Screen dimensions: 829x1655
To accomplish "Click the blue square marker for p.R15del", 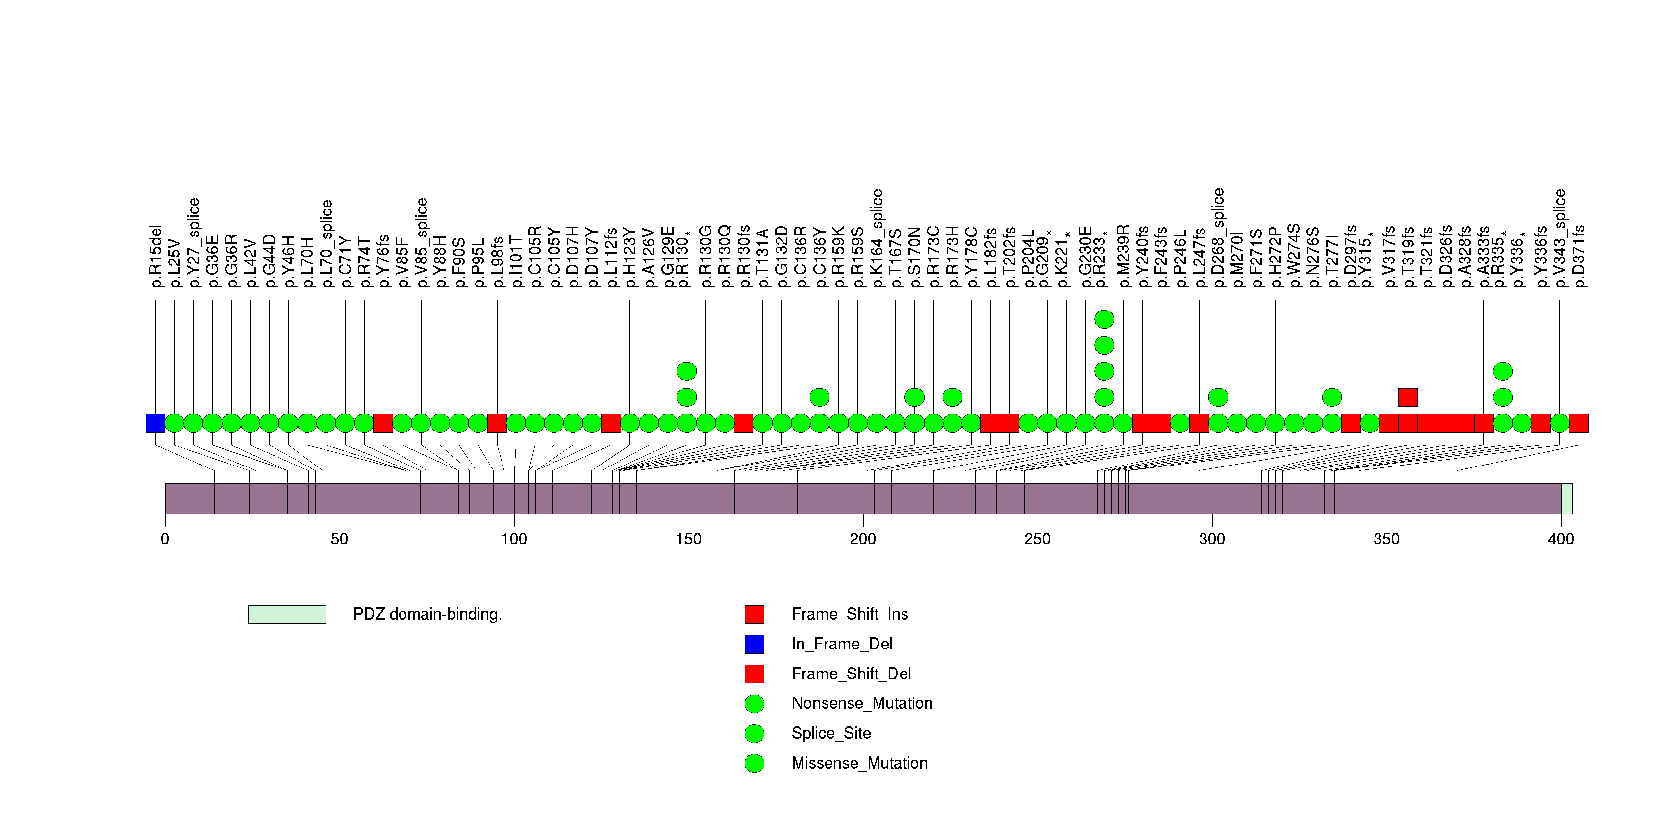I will (155, 423).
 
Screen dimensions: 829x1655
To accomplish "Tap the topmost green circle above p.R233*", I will (1104, 319).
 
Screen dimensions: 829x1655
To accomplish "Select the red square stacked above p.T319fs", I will (1407, 397).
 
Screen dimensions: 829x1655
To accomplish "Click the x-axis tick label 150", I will (688, 539).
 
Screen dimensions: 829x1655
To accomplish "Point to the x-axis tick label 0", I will (165, 539).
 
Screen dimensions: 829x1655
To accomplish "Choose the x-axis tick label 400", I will (1560, 539).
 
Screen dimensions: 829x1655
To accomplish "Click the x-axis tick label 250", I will (1037, 539).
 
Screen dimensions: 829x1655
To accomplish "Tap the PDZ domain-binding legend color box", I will (287, 614).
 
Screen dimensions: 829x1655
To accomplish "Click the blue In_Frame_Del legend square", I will (754, 644).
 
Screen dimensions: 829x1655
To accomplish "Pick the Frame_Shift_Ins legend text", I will (850, 614).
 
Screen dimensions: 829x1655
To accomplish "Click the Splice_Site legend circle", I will (754, 733).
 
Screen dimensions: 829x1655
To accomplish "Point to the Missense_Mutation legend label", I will (859, 763).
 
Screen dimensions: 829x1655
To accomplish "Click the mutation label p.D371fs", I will (1579, 256).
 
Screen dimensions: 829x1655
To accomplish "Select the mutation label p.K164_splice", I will (877, 238).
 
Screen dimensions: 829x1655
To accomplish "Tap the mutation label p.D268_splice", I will (1218, 238).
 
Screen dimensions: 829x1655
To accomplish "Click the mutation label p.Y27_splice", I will (193, 242).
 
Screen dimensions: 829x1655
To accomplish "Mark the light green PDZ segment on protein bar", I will (1566, 499).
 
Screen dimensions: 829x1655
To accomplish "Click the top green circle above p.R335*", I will (1503, 371).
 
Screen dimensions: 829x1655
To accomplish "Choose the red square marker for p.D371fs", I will (1579, 423).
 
